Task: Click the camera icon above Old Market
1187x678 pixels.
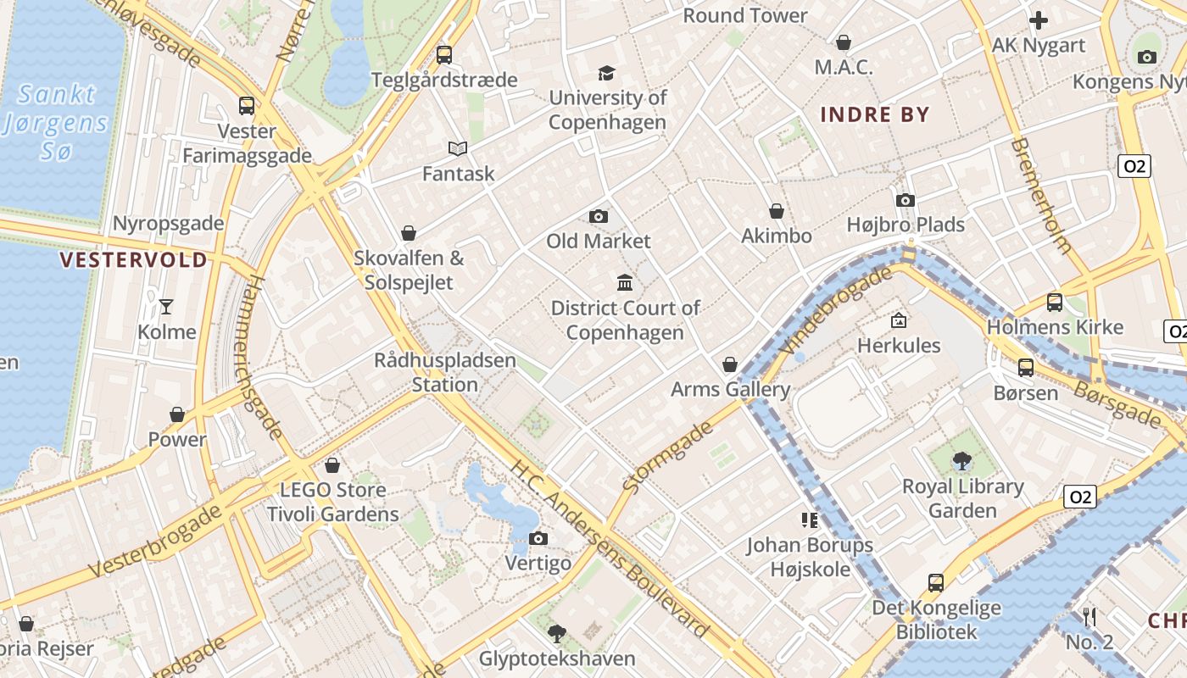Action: pyautogui.click(x=599, y=217)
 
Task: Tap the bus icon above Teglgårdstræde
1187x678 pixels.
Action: pyautogui.click(x=443, y=55)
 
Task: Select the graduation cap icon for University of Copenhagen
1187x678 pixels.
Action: pyautogui.click(x=606, y=74)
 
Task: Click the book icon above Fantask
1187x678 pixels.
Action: pyautogui.click(x=458, y=149)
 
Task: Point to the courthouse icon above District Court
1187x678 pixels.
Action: pyautogui.click(x=625, y=282)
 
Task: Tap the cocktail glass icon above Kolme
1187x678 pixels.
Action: pyautogui.click(x=166, y=307)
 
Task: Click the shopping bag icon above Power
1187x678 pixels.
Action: pyautogui.click(x=177, y=414)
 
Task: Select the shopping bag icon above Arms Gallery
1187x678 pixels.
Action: pyautogui.click(x=730, y=364)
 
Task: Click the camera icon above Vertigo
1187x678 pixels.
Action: pyautogui.click(x=538, y=539)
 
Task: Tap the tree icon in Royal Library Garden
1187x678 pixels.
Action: pyautogui.click(x=961, y=461)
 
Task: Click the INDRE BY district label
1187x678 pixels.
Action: pyautogui.click(x=875, y=114)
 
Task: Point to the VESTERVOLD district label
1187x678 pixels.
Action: pyautogui.click(x=134, y=260)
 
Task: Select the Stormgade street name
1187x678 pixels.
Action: pyautogui.click(x=668, y=458)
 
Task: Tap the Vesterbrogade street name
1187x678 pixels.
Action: pyautogui.click(x=156, y=541)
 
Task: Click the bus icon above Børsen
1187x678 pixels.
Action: pyautogui.click(x=1026, y=368)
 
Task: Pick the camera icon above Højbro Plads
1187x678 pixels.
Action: pyautogui.click(x=905, y=201)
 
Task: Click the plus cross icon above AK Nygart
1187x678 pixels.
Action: pyautogui.click(x=1039, y=20)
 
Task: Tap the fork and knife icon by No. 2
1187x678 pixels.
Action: pyautogui.click(x=1090, y=617)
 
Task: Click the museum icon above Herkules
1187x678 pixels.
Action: pyautogui.click(x=899, y=320)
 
